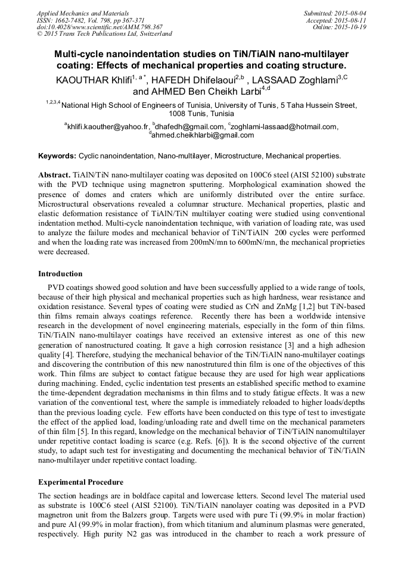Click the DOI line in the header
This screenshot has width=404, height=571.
[100, 27]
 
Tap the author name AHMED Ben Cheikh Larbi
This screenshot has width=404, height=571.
[197, 92]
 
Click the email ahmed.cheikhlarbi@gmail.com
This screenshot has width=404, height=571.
[202, 135]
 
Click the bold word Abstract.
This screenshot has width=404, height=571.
[54, 177]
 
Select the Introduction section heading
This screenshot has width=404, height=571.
[60, 274]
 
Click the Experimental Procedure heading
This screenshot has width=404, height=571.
[80, 482]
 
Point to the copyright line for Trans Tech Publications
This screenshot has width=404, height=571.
[104, 35]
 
